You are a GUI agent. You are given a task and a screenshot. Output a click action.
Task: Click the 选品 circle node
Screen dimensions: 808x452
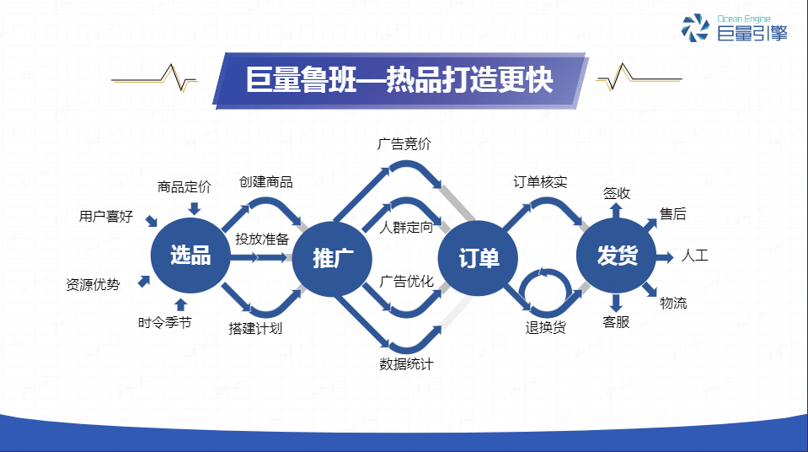[190, 256]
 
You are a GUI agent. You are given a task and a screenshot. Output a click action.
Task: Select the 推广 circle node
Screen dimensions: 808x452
[332, 259]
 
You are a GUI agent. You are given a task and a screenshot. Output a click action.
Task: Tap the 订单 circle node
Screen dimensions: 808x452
[478, 258]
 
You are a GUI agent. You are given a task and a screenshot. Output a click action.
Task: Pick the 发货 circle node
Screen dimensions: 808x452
[616, 256]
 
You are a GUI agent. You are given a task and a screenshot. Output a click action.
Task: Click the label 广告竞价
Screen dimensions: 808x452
[404, 144]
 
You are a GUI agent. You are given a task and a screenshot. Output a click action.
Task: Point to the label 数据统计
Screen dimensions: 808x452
[406, 364]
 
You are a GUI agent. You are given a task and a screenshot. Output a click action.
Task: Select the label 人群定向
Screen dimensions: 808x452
[406, 227]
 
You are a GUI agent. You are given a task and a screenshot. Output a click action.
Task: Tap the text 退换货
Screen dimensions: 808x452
[546, 327]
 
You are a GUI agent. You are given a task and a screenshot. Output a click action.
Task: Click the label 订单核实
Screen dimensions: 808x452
[540, 181]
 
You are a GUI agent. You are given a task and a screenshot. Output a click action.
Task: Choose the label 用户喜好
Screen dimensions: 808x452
[105, 216]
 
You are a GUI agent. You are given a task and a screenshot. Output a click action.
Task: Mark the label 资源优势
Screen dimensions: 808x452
[93, 284]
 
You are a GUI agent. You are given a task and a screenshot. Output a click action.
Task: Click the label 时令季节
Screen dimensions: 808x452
[164, 322]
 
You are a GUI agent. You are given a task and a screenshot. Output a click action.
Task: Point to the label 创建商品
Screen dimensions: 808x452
[266, 181]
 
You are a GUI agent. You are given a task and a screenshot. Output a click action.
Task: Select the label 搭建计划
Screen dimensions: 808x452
[255, 329]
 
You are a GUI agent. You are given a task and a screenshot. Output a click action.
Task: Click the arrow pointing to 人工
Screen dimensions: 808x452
[665, 257]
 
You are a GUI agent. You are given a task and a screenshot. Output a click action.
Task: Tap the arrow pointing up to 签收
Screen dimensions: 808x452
[616, 211]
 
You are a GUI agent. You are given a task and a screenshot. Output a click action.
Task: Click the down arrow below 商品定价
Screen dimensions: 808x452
[195, 208]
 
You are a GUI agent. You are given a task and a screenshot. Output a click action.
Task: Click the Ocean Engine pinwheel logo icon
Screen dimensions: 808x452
[695, 27]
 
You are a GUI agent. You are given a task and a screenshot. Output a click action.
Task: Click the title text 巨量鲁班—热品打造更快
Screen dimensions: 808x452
[399, 80]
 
